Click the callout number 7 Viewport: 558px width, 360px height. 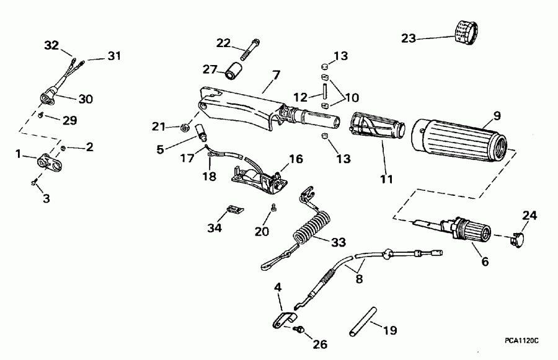tap(276, 75)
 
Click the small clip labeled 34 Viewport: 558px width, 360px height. tap(234, 209)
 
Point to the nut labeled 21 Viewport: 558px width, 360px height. tap(184, 128)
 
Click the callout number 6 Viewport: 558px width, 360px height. tap(485, 261)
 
